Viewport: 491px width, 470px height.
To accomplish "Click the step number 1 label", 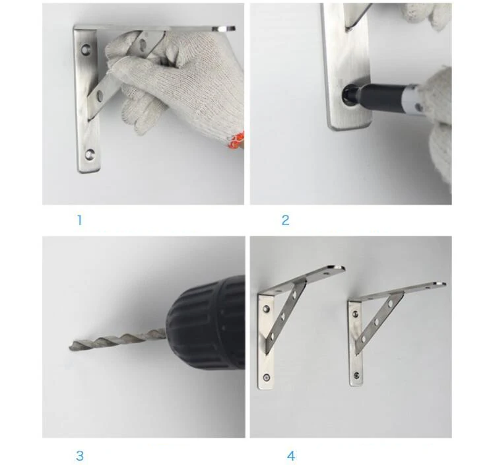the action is [x=80, y=220].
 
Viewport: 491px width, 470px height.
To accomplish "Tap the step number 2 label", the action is [x=285, y=220].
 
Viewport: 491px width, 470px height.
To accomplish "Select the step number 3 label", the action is [x=80, y=455].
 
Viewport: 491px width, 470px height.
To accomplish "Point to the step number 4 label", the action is [x=291, y=455].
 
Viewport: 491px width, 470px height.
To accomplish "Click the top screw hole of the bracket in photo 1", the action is [x=86, y=50].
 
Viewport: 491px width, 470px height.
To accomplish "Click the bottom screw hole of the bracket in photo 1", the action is [x=90, y=154].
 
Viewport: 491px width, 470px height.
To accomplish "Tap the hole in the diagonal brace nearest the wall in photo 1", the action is [x=100, y=95].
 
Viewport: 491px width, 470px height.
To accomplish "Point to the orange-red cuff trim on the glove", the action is [x=236, y=141].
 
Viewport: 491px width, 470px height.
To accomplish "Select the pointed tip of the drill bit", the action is [x=70, y=347].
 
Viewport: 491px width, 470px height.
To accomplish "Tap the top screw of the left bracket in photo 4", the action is [x=266, y=310].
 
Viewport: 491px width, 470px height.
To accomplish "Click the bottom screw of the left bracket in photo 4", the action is [x=267, y=378].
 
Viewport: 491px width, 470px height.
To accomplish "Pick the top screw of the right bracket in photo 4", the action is [x=356, y=313].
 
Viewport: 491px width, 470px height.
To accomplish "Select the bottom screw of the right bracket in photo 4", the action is [x=356, y=374].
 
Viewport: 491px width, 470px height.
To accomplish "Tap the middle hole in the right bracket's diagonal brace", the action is [x=377, y=321].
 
